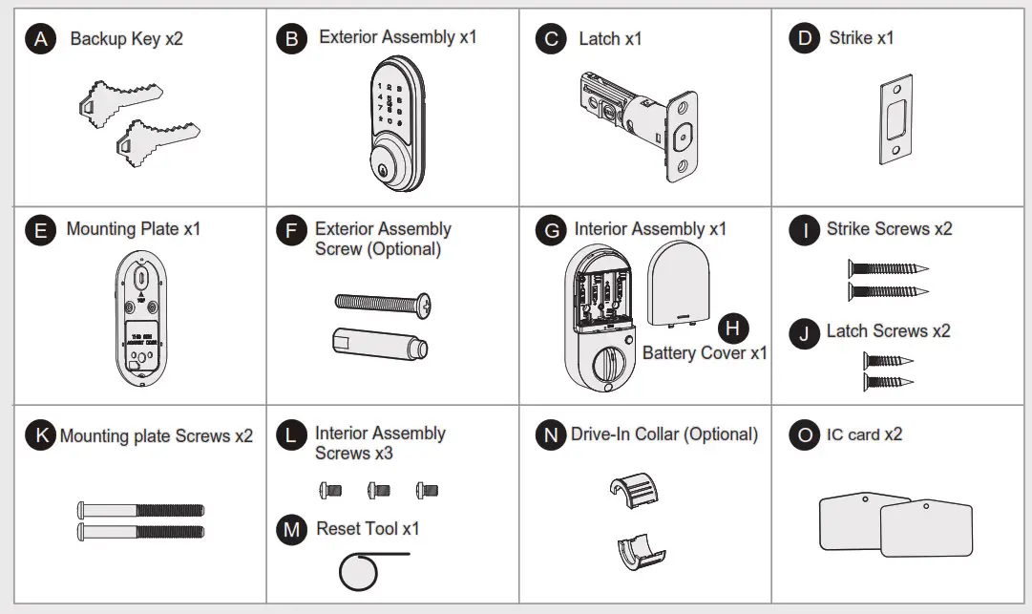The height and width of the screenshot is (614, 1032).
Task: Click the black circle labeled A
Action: (40, 39)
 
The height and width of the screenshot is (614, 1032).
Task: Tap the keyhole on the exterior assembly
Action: (383, 171)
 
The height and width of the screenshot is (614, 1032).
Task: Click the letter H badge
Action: (732, 328)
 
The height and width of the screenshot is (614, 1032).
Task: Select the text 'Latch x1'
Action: (610, 39)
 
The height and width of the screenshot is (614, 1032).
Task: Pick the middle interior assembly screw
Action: (379, 490)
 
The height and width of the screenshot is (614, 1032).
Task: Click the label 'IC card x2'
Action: (864, 434)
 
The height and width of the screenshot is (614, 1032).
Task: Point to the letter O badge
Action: (805, 435)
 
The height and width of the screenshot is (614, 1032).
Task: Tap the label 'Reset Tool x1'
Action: (368, 529)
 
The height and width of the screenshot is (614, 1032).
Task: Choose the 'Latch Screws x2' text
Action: (888, 331)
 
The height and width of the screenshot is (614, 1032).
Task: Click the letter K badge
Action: (40, 436)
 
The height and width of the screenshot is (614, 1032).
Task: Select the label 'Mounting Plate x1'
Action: (133, 230)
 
